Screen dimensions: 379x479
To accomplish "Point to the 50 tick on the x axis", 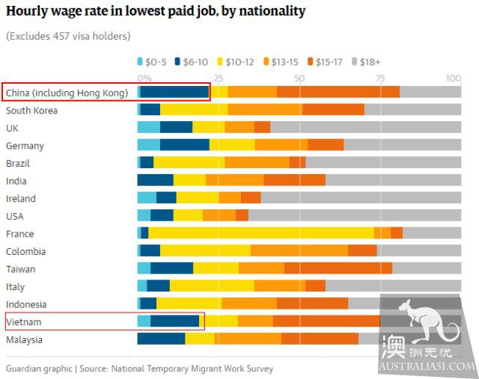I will pos(299,78).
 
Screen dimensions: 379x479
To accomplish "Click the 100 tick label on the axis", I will pos(453,78).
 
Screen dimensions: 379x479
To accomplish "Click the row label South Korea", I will pos(31,111).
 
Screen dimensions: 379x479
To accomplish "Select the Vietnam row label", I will pos(24,321).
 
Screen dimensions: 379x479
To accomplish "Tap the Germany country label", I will pos(25,146).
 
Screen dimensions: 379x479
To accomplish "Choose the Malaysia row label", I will pos(25,339).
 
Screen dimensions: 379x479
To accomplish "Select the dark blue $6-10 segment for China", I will pos(174,92).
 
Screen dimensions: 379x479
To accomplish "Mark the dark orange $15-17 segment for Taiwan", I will pos(338,269).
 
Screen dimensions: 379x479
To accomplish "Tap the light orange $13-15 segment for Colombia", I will pos(299,251).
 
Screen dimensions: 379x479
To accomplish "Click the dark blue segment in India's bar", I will pos(155,181).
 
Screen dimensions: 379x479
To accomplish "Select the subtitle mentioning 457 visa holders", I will pos(67,36).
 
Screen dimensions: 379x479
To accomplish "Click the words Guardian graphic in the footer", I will pos(38,369).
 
